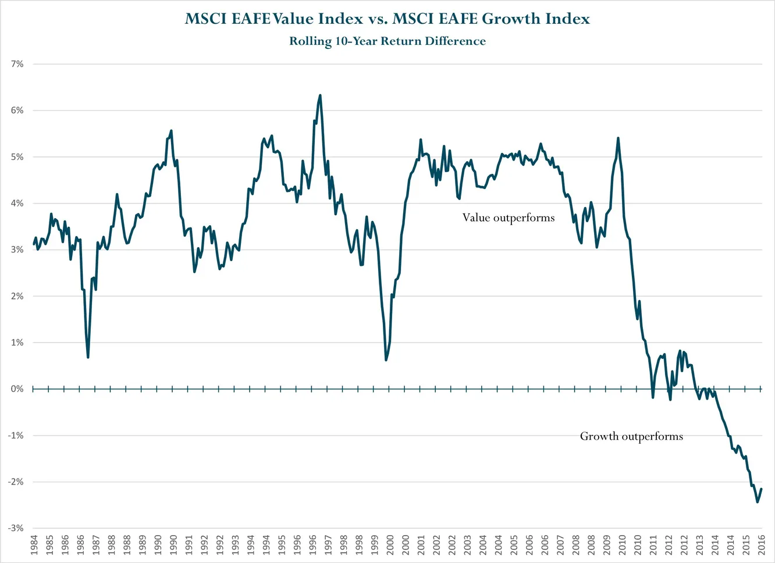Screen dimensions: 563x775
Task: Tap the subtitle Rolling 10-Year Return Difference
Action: pos(387,41)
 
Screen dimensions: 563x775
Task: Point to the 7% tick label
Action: pos(17,64)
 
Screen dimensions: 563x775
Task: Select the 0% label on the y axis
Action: pos(17,389)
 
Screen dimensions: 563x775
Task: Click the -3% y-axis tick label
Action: pos(16,528)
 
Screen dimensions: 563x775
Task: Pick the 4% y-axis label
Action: pos(17,203)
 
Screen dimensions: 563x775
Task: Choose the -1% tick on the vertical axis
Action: pos(16,435)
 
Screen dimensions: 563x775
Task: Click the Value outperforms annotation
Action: pos(509,218)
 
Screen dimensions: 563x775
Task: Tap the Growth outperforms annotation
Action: pos(631,436)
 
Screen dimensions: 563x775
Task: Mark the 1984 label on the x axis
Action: pos(34,545)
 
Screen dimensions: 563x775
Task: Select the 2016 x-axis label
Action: pos(762,545)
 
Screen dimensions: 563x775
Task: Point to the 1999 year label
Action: pos(375,545)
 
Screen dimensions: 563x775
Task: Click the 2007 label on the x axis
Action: pos(560,545)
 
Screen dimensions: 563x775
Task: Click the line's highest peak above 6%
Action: pos(320,95)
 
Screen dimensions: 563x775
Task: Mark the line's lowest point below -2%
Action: pos(757,502)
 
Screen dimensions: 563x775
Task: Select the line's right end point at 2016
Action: pos(762,489)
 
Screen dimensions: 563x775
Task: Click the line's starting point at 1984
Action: pos(34,244)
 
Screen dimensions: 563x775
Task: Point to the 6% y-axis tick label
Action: pos(17,111)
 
